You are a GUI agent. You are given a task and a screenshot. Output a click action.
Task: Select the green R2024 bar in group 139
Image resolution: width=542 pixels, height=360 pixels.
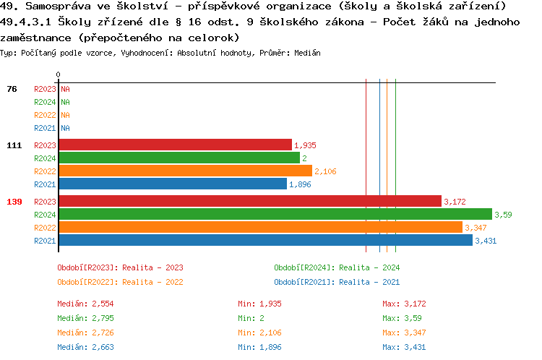coord(275,214)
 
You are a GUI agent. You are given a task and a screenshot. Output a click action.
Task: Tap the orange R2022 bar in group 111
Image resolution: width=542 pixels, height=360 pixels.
coord(185,171)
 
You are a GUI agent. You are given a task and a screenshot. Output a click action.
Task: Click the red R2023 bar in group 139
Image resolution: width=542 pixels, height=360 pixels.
coord(249,201)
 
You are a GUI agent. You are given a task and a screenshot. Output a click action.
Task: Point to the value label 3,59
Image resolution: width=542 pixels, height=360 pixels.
coord(503,215)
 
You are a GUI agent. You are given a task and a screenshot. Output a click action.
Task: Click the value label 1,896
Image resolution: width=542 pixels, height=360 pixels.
coord(300,184)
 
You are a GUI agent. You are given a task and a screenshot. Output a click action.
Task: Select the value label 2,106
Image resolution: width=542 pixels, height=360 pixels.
coord(325,171)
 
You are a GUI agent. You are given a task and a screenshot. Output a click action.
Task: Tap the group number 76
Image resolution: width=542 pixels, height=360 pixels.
coord(12,89)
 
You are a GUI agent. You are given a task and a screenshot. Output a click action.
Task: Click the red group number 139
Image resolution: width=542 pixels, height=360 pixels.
coord(14,202)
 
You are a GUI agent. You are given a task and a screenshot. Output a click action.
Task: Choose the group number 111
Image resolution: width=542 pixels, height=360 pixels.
coord(14,145)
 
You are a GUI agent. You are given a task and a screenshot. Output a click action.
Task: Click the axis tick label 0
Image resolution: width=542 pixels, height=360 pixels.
coord(58,74)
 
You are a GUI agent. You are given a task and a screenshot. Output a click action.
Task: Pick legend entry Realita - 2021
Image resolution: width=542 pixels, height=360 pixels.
coord(337,282)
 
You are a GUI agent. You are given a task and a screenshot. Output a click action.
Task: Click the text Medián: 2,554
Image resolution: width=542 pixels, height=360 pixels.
coord(85,304)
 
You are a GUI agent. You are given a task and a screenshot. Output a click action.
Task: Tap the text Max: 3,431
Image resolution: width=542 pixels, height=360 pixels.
coord(405,347)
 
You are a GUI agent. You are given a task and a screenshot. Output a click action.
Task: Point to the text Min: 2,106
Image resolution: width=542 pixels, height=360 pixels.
coord(260,333)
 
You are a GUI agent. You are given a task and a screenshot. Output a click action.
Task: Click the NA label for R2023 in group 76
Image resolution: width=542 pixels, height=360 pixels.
coord(65,89)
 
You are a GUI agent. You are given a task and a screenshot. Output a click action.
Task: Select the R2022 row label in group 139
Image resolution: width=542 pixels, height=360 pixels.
coord(45,228)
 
